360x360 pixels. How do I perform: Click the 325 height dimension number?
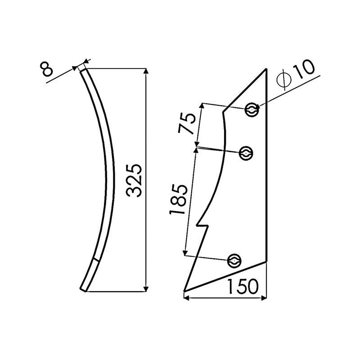[135, 180]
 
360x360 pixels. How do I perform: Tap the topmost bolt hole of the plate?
[252, 109]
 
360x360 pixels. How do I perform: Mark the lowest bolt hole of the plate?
[234, 261]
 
